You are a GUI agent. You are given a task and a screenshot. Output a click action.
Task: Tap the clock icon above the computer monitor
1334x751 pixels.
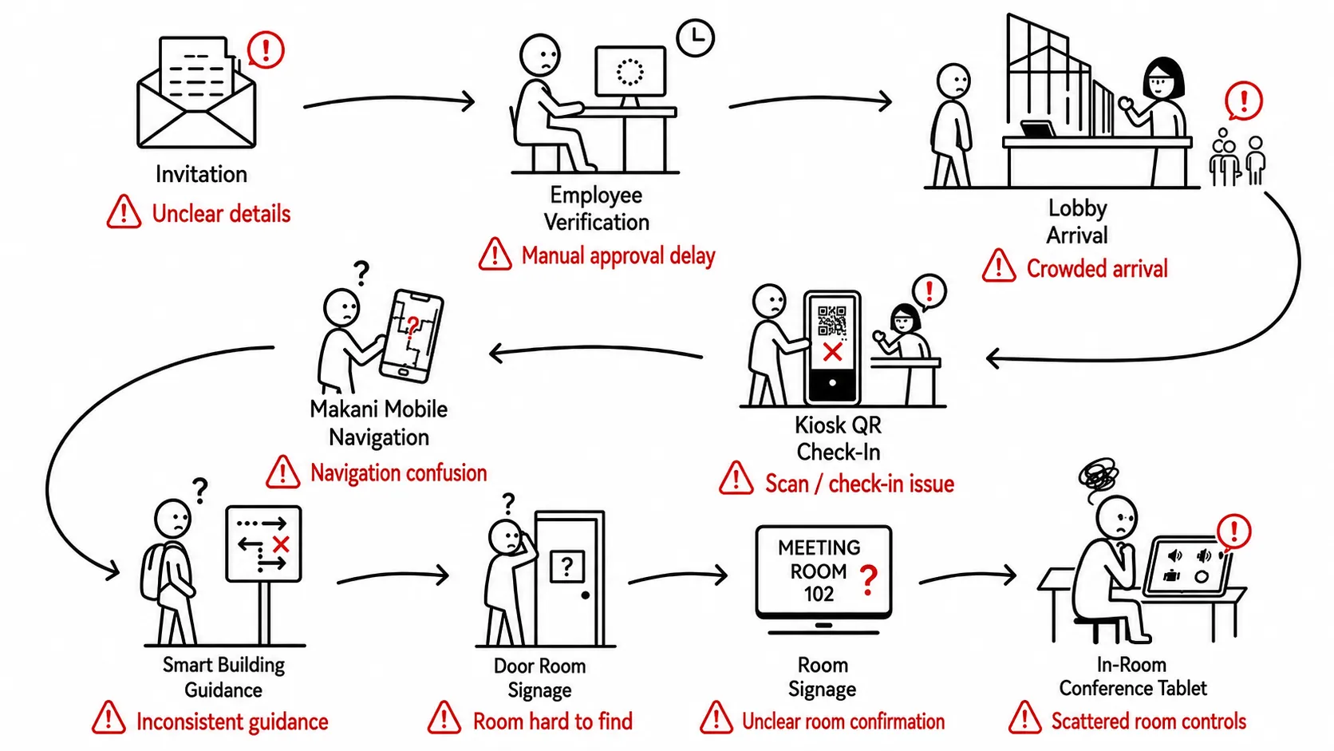click(x=695, y=38)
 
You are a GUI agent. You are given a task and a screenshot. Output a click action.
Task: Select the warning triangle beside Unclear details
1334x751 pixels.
click(x=124, y=212)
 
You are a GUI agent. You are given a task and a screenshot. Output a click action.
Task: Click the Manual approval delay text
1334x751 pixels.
click(x=618, y=255)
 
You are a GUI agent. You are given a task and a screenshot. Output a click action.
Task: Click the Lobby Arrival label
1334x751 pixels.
click(x=1077, y=222)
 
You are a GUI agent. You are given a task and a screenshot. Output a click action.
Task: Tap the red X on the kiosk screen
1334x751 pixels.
click(x=832, y=351)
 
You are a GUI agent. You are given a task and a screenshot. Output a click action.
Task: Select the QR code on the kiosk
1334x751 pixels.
click(x=832, y=320)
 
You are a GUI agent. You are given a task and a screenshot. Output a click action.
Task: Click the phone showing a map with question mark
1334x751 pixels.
click(x=412, y=336)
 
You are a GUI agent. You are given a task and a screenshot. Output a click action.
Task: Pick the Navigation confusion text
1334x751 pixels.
click(x=398, y=473)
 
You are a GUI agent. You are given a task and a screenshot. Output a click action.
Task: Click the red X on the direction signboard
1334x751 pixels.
click(x=281, y=543)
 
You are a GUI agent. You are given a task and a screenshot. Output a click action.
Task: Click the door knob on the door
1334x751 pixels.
click(x=586, y=595)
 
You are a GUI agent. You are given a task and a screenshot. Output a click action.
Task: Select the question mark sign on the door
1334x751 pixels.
click(x=567, y=566)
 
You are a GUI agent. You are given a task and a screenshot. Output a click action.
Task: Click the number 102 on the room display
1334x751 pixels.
click(x=819, y=594)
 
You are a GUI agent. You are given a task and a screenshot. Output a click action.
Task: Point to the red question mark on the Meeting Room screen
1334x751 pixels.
click(x=869, y=580)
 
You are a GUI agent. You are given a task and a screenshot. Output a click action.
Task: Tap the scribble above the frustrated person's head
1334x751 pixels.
click(x=1098, y=477)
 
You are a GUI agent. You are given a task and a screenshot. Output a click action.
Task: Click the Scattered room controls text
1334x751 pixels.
click(x=1148, y=721)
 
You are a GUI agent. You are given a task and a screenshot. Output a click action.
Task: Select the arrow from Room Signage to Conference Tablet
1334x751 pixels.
click(x=968, y=576)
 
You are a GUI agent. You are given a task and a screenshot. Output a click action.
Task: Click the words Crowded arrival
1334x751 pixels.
click(x=1097, y=269)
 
